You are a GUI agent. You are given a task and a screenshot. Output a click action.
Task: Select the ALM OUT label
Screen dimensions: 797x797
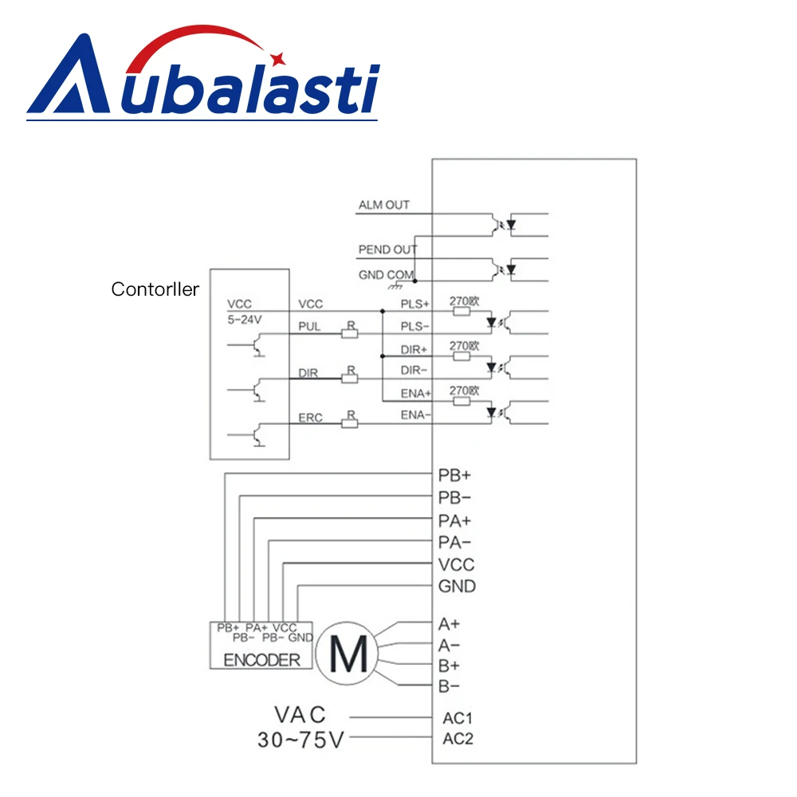click(x=384, y=205)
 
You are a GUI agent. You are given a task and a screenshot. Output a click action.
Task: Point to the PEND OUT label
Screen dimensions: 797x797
click(x=387, y=250)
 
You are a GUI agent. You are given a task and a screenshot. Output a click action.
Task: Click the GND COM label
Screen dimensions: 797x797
click(x=387, y=275)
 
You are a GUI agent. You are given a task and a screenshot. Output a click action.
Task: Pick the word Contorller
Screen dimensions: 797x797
click(x=155, y=290)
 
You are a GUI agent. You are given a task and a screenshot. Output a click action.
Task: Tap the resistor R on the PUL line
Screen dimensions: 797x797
click(x=348, y=332)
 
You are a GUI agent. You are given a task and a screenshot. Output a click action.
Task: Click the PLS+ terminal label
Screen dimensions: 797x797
click(x=414, y=304)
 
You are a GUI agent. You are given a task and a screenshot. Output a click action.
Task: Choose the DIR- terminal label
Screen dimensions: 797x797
click(x=414, y=370)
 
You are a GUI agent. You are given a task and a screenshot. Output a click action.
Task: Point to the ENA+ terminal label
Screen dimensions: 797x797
click(x=414, y=392)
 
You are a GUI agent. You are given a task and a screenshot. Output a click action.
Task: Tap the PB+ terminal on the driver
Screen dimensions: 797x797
click(x=455, y=475)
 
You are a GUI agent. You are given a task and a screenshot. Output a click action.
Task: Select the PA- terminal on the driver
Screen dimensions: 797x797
click(x=455, y=543)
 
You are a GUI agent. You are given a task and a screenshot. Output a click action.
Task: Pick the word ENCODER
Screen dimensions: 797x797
click(x=262, y=659)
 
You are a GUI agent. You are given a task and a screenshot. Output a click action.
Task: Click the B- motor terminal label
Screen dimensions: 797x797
click(x=449, y=686)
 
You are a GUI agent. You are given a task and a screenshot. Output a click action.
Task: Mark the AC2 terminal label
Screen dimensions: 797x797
click(x=457, y=739)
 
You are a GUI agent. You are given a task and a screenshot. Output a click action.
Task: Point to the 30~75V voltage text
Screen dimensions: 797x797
click(x=300, y=740)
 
